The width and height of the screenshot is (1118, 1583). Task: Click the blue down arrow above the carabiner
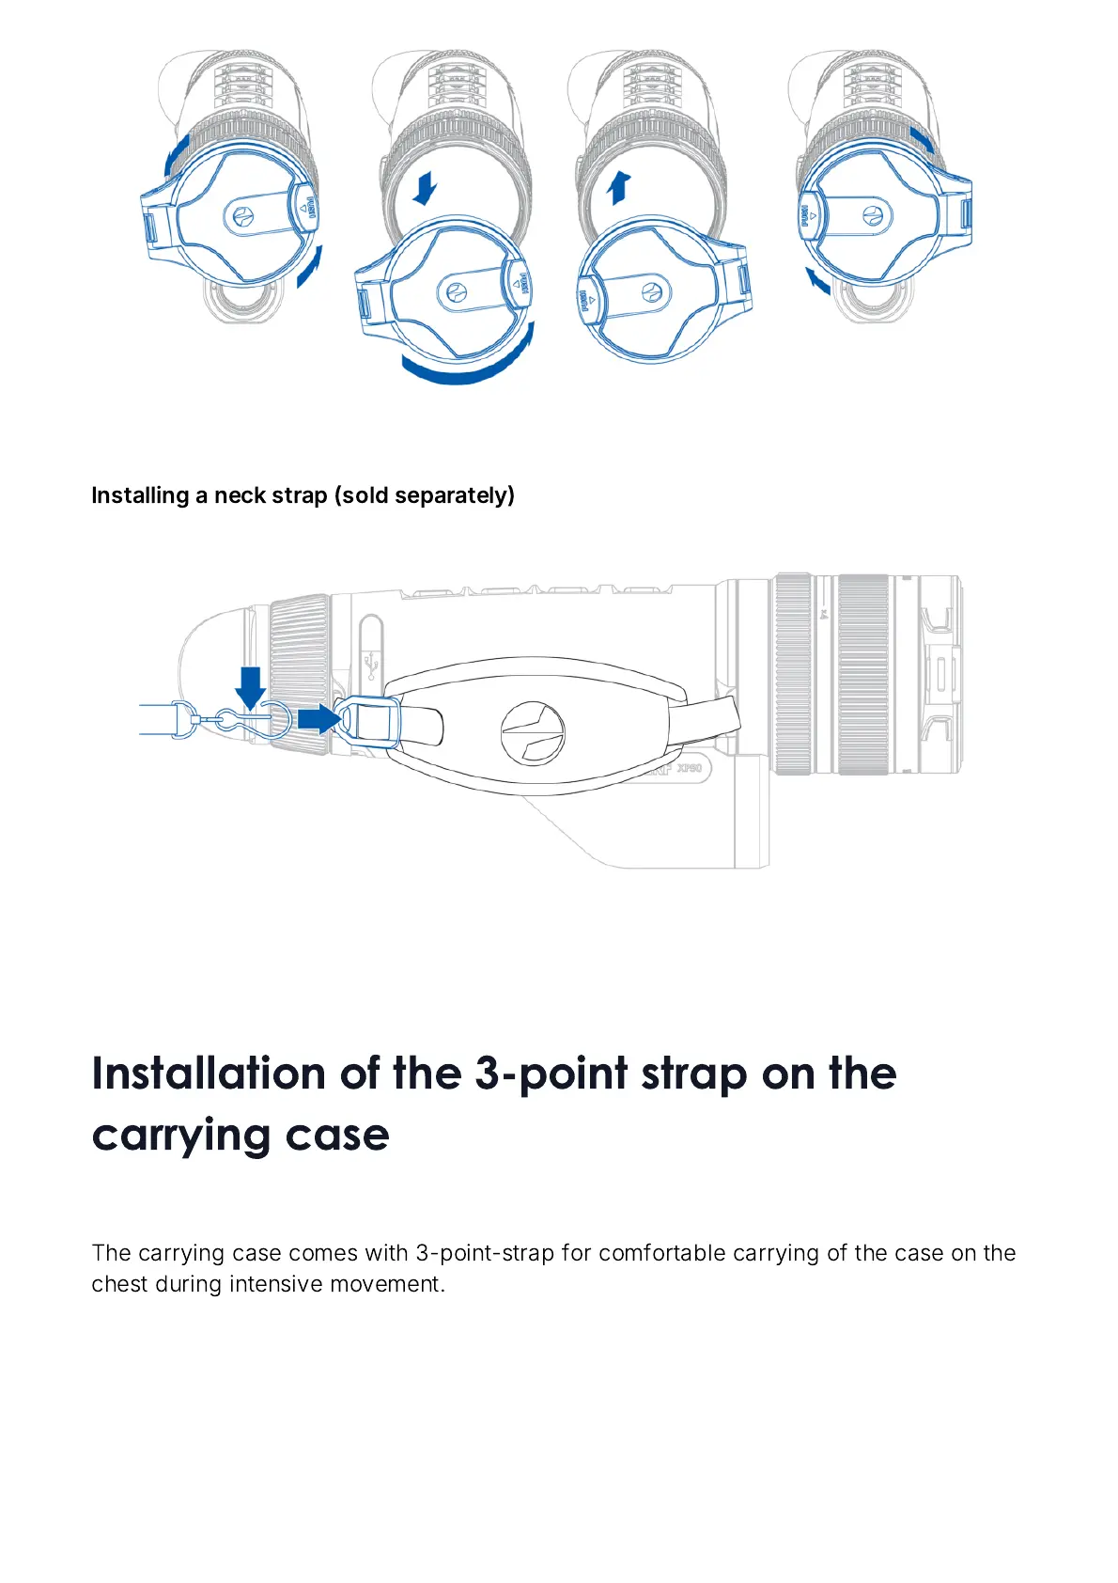pyautogui.click(x=250, y=686)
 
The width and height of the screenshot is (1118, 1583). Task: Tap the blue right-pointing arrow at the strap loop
pyautogui.click(x=318, y=719)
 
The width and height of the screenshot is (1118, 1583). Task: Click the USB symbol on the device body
pyautogui.click(x=371, y=666)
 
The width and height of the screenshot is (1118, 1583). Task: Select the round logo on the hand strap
pyautogui.click(x=533, y=731)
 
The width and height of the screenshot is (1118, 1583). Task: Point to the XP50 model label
pyautogui.click(x=690, y=768)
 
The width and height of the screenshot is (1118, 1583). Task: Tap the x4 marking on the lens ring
pyautogui.click(x=823, y=615)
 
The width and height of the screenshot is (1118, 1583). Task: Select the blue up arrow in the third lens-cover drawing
pyautogui.click(x=618, y=187)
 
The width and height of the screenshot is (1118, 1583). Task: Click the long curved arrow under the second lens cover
pyautogui.click(x=470, y=362)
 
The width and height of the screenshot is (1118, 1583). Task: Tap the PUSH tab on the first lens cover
pyautogui.click(x=311, y=209)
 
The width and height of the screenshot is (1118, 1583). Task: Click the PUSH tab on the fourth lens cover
pyautogui.click(x=806, y=217)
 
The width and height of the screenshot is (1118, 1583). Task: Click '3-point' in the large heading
pyautogui.click(x=552, y=1074)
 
